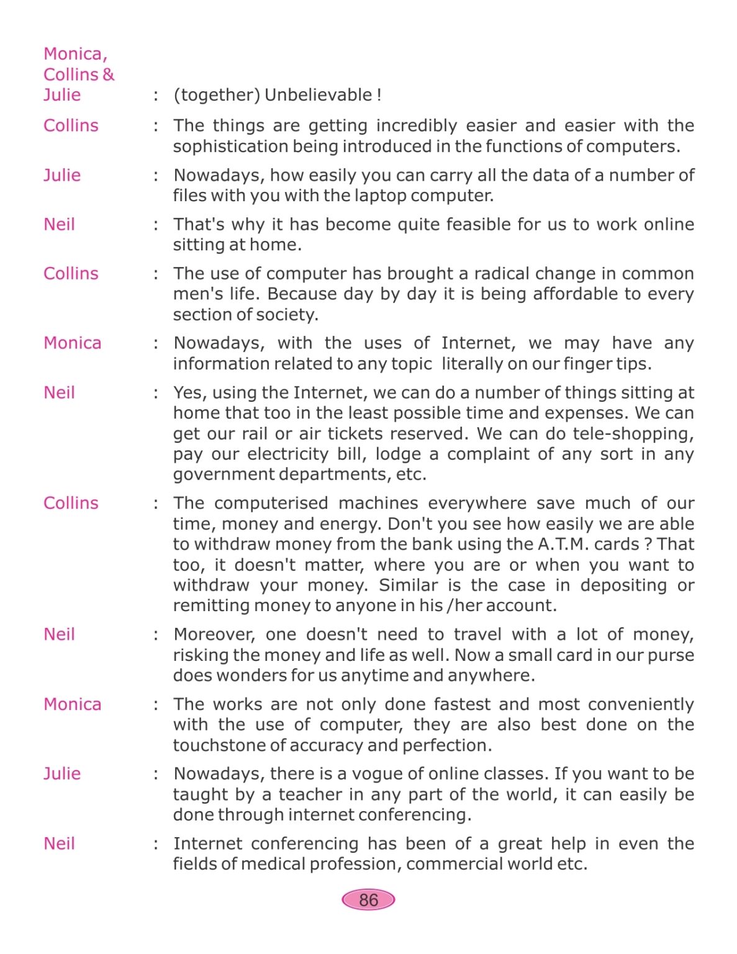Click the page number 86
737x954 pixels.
368,900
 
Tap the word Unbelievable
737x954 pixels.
319,95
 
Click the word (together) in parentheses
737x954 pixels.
217,95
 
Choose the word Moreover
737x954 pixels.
214,634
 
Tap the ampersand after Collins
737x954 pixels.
109,75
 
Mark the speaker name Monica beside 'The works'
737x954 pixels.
72,704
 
